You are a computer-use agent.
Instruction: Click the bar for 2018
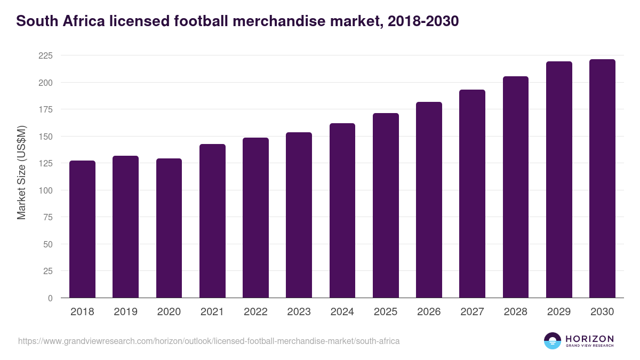tap(82, 229)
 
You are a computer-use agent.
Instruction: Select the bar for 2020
tap(169, 228)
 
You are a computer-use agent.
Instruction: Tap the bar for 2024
tap(342, 211)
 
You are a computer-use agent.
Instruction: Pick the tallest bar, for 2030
tap(602, 179)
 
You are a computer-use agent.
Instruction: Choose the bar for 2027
tap(472, 194)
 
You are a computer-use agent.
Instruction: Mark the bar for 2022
tap(255, 218)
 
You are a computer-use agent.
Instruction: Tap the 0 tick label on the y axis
tap(50, 298)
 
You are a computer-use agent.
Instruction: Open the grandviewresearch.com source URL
tap(209, 341)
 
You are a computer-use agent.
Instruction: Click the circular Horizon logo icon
tap(553, 341)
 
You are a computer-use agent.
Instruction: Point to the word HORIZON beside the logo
tap(589, 338)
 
